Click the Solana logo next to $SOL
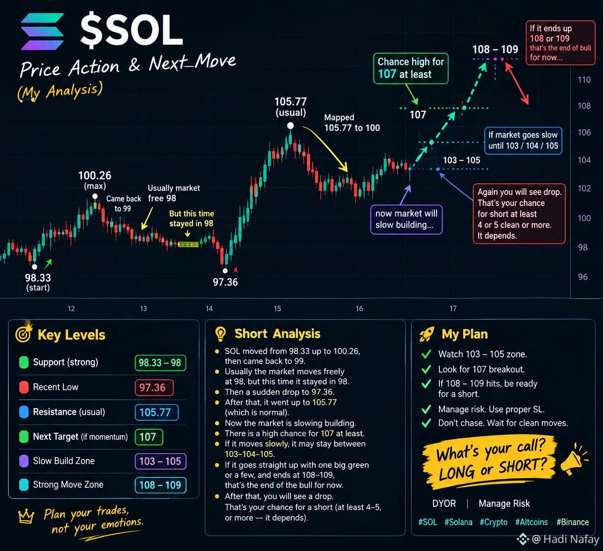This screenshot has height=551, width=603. pyautogui.click(x=42, y=31)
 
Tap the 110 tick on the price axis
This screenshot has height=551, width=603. pyautogui.click(x=584, y=80)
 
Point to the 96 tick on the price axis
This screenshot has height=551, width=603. pyautogui.click(x=583, y=277)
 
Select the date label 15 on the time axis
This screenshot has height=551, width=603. pyautogui.click(x=277, y=308)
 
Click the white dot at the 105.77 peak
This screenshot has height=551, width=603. pyautogui.click(x=290, y=125)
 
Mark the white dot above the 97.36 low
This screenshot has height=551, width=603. pyautogui.click(x=225, y=271)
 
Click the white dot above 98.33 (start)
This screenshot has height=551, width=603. pyautogui.click(x=34, y=267)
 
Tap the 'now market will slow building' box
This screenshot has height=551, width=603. pyautogui.click(x=406, y=220)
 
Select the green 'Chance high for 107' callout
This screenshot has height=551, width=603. pyautogui.click(x=410, y=68)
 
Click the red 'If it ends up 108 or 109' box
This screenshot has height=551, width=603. pyautogui.click(x=560, y=43)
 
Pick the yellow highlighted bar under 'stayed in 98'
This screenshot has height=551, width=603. pyautogui.click(x=188, y=244)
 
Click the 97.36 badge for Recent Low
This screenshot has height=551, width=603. pyautogui.click(x=154, y=387)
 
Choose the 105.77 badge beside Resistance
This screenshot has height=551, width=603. pyautogui.click(x=156, y=412)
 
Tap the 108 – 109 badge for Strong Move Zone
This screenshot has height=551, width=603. pyautogui.click(x=160, y=485)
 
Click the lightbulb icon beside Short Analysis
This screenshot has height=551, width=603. pyautogui.click(x=220, y=334)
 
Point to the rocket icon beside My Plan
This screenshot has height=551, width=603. pyautogui.click(x=427, y=334)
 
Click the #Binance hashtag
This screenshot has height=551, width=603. pyautogui.click(x=572, y=522)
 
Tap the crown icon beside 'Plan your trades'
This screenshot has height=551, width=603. pyautogui.click(x=26, y=516)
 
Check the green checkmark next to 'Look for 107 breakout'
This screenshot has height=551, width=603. pyautogui.click(x=426, y=369)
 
